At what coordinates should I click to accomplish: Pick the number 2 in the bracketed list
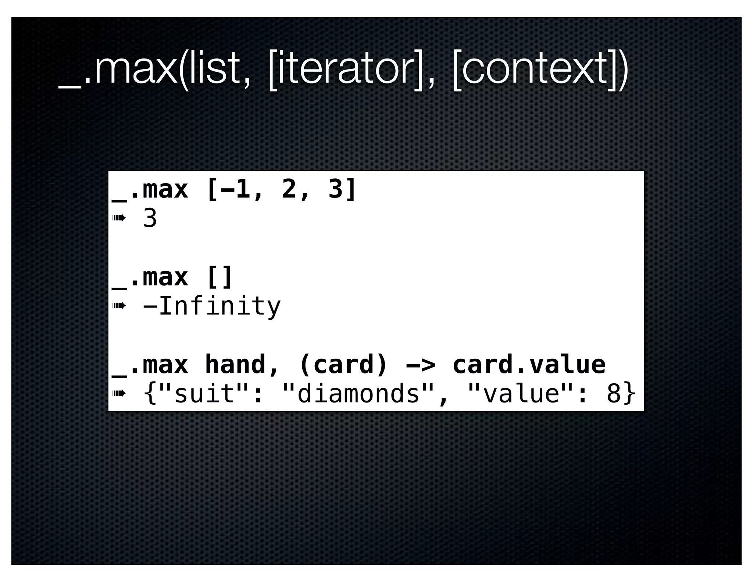click(x=289, y=189)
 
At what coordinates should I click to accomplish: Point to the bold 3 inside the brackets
click(x=335, y=189)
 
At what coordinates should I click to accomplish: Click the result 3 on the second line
click(x=150, y=219)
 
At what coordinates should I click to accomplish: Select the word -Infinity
click(x=212, y=306)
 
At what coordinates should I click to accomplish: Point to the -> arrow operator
click(x=420, y=365)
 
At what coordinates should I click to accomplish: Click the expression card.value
click(x=529, y=365)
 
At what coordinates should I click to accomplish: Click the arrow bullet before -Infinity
click(x=119, y=306)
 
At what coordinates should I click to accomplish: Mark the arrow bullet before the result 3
click(x=119, y=218)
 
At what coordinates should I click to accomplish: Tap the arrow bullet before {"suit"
click(x=119, y=394)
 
